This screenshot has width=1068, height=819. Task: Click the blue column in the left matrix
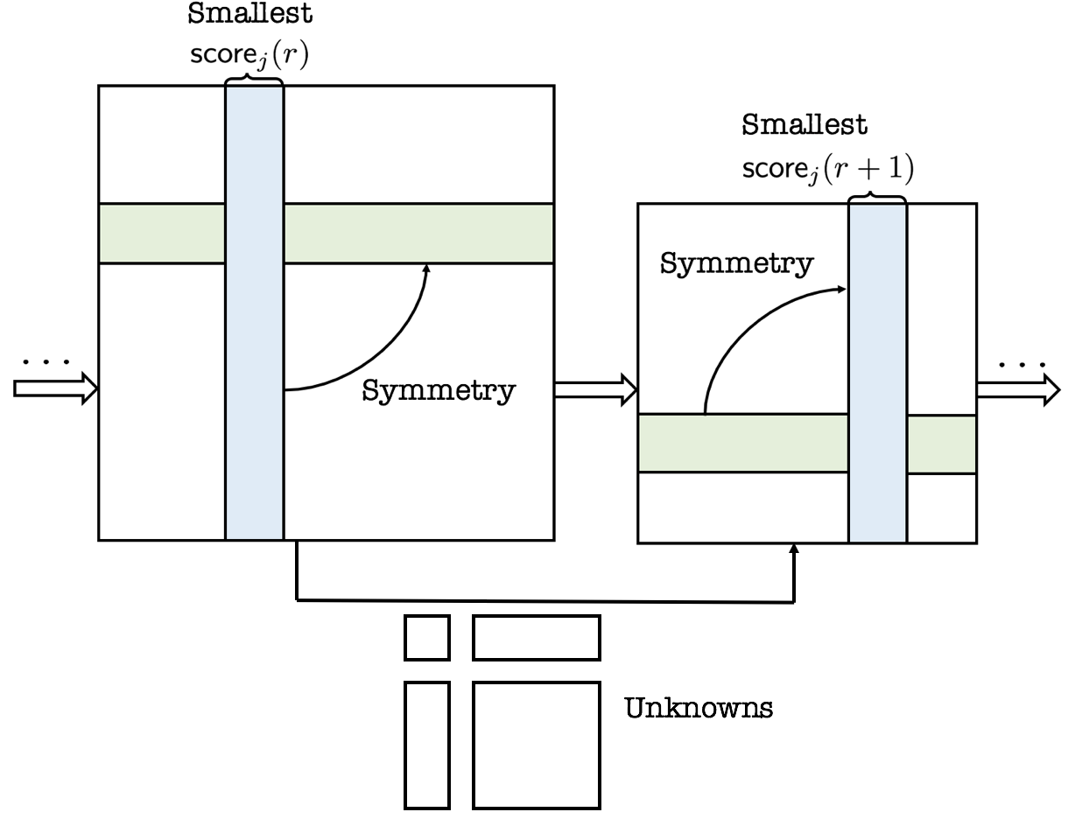coord(254,312)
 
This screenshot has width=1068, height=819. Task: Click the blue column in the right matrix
coord(877,373)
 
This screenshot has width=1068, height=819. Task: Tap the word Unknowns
coord(699,708)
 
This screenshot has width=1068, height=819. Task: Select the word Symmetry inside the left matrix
coord(439,391)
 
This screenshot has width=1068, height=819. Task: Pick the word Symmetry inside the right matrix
coord(736,264)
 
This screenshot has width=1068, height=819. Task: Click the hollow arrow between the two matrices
coord(595,390)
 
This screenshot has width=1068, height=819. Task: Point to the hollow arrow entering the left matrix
coord(55,388)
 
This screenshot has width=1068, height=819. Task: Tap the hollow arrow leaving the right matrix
coord(1018,390)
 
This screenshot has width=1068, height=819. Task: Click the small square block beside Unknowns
coord(427,638)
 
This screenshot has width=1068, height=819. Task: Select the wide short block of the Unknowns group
coord(537,638)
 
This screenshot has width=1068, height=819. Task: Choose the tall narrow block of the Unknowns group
coord(427,745)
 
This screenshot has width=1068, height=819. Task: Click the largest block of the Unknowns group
coord(537,745)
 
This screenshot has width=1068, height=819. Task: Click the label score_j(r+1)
coord(827,168)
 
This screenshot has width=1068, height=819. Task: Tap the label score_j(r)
coord(249,53)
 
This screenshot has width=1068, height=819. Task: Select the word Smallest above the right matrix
coord(805,124)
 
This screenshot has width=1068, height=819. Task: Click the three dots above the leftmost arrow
coord(46,362)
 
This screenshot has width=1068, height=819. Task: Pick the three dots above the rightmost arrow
coord(1022,365)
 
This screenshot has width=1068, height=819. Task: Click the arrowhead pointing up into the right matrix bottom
coord(794,548)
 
